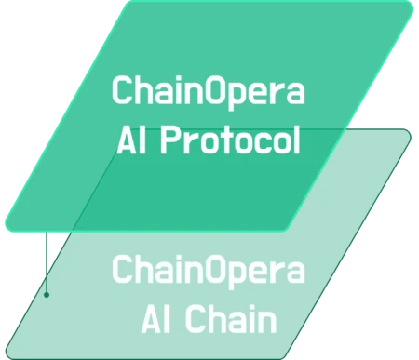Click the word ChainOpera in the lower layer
pos(209,272)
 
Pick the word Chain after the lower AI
pos(233,320)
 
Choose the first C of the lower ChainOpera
pos(121,272)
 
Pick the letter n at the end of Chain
pos(269,321)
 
